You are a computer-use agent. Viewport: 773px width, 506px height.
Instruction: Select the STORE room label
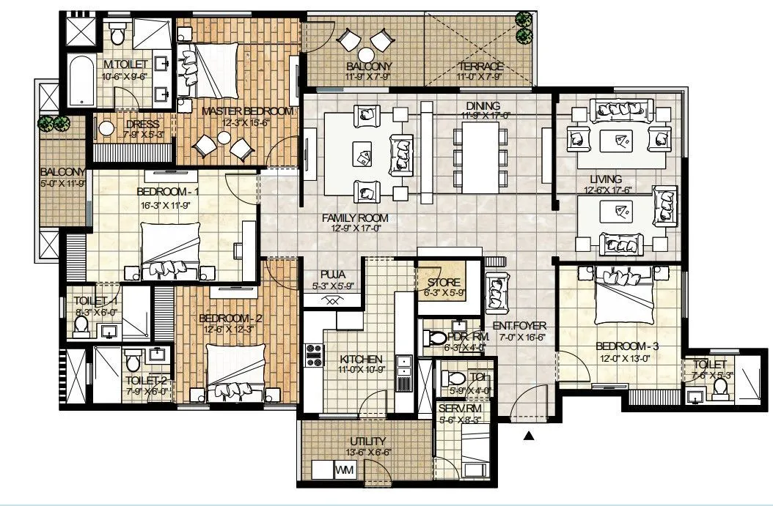[443, 283]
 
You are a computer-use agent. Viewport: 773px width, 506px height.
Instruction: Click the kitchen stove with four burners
[314, 355]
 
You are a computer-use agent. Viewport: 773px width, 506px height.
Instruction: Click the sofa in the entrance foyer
[497, 291]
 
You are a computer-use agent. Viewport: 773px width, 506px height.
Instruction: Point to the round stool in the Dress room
[107, 130]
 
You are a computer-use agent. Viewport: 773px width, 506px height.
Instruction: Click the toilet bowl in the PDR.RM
[435, 338]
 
